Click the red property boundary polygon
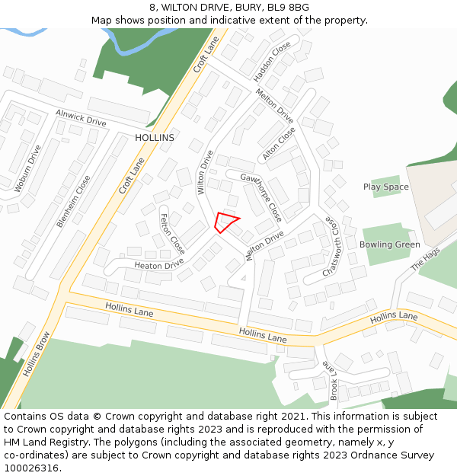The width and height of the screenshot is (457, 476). [225, 222]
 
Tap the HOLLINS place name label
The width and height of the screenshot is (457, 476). [155, 138]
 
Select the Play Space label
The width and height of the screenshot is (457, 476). [385, 187]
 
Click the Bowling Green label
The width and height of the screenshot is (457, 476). [389, 244]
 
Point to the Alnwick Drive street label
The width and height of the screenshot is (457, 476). [81, 117]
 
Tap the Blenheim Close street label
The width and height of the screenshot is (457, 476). [73, 201]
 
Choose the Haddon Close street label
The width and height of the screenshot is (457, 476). [273, 62]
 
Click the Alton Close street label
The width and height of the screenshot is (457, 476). [279, 143]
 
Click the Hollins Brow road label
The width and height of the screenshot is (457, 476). [36, 353]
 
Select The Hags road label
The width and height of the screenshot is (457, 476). [425, 260]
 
